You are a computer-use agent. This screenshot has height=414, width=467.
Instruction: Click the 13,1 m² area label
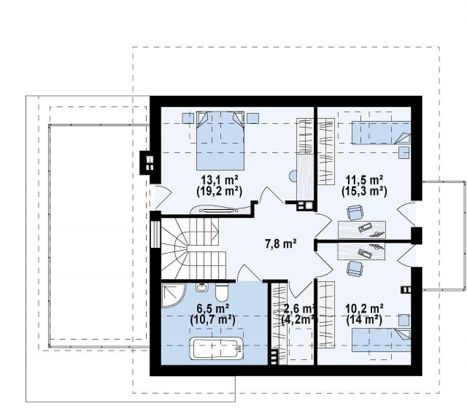tap(219, 180)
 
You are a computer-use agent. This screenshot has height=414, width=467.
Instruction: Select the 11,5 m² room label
tap(364, 180)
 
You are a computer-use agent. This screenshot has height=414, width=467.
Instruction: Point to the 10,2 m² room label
tap(364, 308)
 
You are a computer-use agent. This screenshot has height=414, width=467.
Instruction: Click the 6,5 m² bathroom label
tap(213, 308)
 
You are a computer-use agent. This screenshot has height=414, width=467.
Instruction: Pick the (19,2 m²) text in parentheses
tap(219, 191)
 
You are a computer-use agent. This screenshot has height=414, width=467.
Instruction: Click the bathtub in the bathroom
tap(217, 348)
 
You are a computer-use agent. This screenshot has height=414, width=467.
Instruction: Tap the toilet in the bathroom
tap(221, 292)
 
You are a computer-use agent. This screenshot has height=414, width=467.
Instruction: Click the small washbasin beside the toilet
tap(202, 287)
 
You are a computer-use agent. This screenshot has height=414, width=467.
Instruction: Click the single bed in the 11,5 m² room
tap(381, 133)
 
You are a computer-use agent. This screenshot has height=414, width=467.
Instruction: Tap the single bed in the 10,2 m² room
tap(381, 339)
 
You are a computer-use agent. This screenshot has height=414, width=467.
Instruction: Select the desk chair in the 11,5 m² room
tap(355, 212)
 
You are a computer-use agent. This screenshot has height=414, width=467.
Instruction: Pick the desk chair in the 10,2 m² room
tap(355, 269)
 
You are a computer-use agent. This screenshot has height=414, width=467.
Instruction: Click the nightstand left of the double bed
tap(188, 118)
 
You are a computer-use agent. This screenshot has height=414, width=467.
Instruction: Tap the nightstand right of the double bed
tap(253, 118)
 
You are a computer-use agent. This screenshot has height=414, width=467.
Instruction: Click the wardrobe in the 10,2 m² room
tap(327, 315)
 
